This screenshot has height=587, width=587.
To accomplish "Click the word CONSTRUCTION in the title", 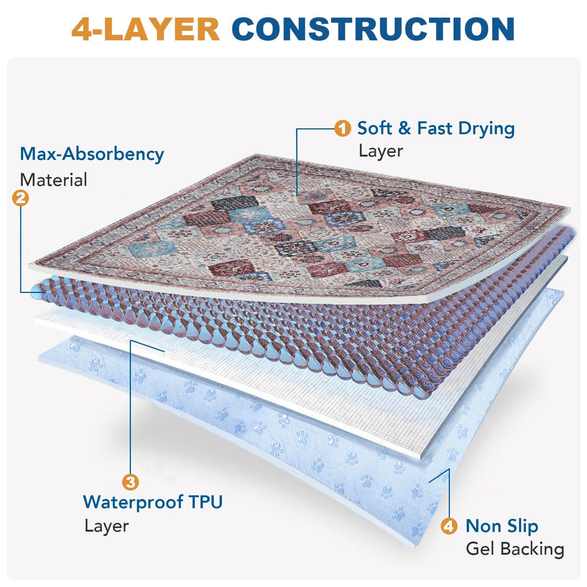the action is tap(373, 29).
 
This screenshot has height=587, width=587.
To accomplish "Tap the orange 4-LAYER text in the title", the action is tap(145, 29).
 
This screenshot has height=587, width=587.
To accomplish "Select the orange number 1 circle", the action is tap(342, 129).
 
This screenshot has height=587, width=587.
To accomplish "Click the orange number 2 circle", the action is tap(20, 198).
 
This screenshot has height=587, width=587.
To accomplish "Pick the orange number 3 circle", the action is tap(130, 482).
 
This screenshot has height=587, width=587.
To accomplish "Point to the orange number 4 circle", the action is tap(449, 526).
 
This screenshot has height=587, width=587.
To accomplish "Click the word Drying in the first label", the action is tap(486, 129).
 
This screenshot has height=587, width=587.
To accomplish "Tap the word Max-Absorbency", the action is tap(92, 154).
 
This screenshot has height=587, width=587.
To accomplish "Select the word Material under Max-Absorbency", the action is tap(53, 180).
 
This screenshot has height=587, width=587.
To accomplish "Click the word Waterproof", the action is tap(133, 502).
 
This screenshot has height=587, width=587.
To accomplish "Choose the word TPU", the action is tap(205, 502).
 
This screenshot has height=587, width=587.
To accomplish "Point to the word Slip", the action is tap(522, 527).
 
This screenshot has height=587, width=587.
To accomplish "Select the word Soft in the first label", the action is tap(375, 128).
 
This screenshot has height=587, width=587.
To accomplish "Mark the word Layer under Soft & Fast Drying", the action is tap(381, 151).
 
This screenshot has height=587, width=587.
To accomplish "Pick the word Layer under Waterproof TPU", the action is tap(106, 526).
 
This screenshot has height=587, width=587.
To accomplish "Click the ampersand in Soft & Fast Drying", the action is tap(404, 129).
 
